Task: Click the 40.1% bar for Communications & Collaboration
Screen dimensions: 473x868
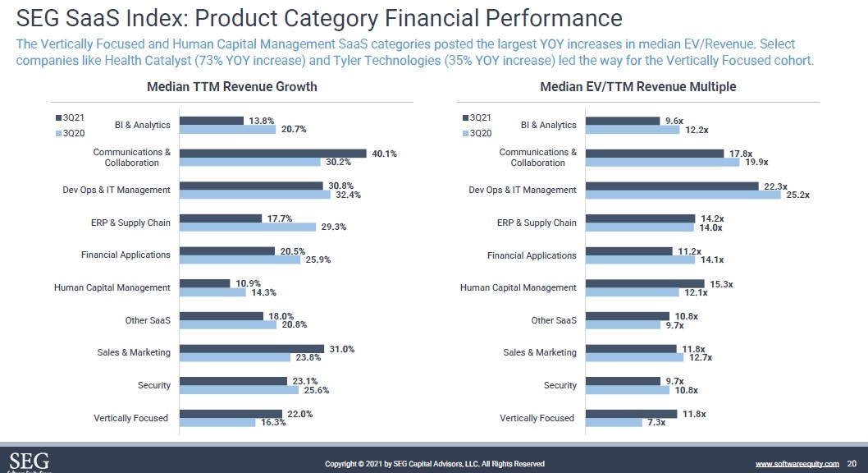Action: pos(272,153)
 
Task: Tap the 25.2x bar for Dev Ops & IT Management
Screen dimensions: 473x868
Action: pos(684,195)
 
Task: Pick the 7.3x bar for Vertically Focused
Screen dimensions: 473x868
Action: pos(614,423)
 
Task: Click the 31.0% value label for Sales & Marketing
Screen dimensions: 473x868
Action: pos(341,349)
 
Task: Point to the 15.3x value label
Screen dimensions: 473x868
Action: pos(721,283)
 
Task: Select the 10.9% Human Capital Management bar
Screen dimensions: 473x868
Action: pos(205,283)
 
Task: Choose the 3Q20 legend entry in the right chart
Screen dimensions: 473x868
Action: pos(477,133)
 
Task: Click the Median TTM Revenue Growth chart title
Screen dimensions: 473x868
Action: pos(231,87)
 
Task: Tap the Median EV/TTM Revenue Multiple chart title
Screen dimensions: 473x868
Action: pos(637,87)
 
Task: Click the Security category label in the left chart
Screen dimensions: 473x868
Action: pos(154,385)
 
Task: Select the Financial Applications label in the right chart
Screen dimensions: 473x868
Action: pos(532,255)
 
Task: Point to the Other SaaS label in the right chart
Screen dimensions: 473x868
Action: pos(554,320)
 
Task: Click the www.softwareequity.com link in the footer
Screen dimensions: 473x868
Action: pos(797,464)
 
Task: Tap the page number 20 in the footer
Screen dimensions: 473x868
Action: pos(852,464)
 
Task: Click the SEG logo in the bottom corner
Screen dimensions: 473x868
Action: pos(29,461)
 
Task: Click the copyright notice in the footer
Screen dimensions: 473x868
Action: pos(435,464)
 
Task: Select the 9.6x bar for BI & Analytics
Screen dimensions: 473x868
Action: pos(624,121)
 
